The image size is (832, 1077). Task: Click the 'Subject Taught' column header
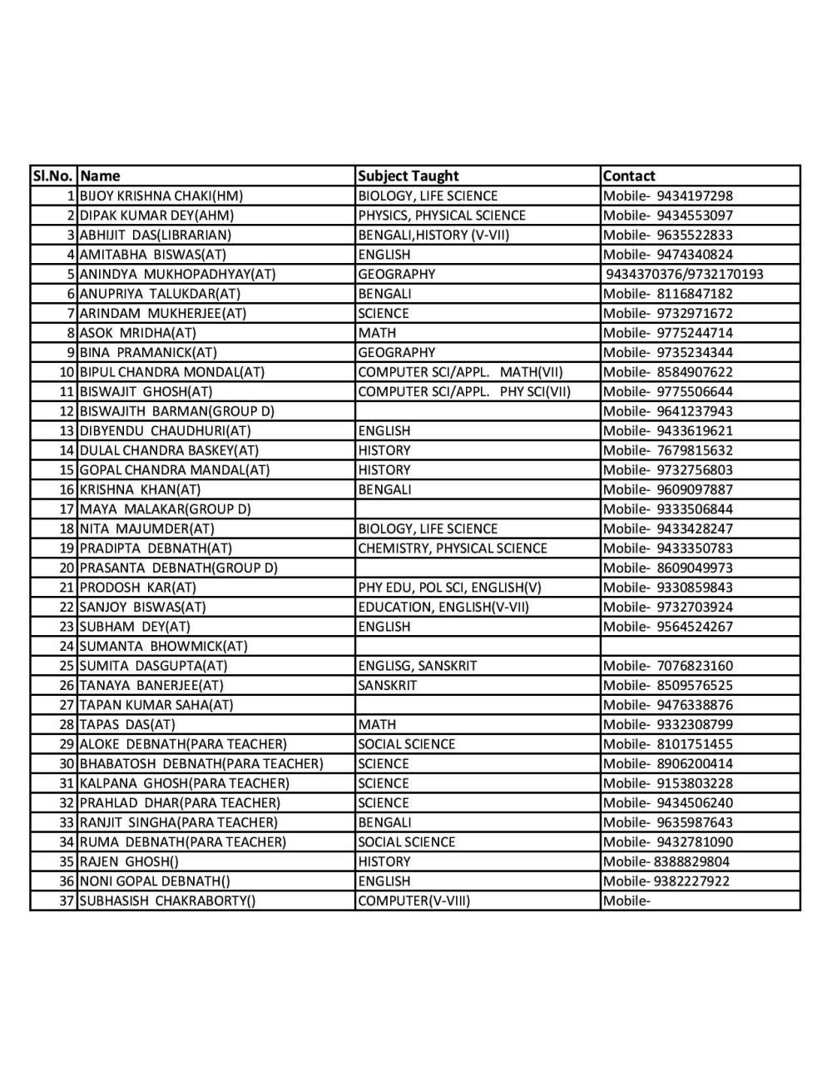tap(408, 176)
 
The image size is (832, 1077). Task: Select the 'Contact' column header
tap(629, 176)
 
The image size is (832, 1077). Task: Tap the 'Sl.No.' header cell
tap(53, 176)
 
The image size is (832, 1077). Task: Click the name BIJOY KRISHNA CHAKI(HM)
tap(161, 196)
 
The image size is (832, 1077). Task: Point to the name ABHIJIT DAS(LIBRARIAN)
tap(156, 235)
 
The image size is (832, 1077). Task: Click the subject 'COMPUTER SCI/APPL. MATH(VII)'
tap(460, 372)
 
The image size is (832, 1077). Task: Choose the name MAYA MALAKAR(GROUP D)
tap(165, 509)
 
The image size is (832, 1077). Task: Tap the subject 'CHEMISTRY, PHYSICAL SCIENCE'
tap(453, 548)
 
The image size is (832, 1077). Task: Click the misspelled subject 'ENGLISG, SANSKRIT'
tap(417, 666)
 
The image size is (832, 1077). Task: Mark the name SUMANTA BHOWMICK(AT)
tap(163, 646)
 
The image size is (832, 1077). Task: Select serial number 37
tap(67, 901)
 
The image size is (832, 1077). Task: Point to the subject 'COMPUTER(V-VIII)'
tap(414, 901)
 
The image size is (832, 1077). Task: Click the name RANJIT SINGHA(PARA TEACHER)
tap(178, 822)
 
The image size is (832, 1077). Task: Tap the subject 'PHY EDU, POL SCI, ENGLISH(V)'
tap(449, 588)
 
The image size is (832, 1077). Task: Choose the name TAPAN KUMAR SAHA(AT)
tap(156, 705)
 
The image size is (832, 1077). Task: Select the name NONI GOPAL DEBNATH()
tap(155, 881)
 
